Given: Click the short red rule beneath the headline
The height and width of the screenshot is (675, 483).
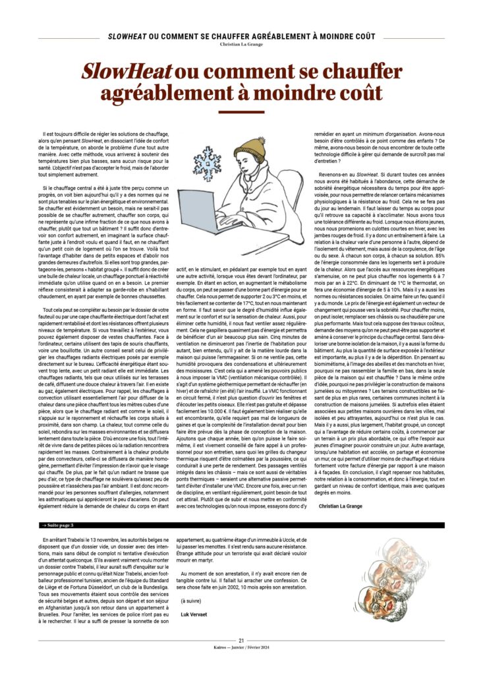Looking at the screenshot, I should tap(241, 112).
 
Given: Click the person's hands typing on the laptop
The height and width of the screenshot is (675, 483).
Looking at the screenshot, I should tap(237, 220).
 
